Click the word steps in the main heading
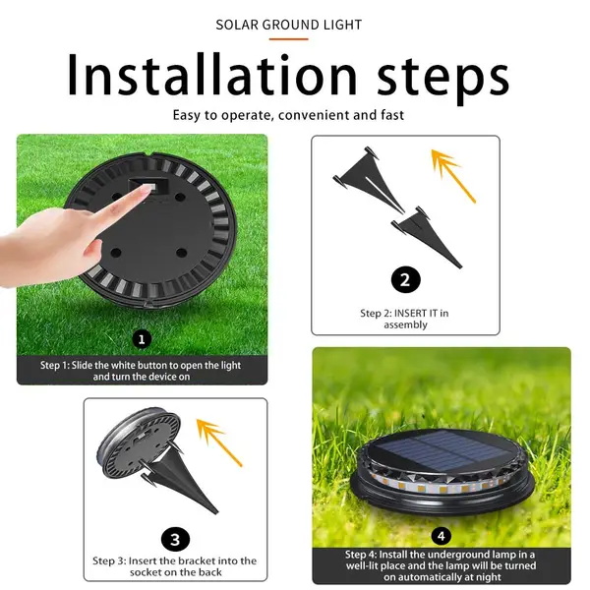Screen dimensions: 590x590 (x=439, y=77)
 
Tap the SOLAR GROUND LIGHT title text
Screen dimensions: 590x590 (x=288, y=25)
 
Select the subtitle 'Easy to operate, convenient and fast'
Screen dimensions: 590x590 (x=288, y=115)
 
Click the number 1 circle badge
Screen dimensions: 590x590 (x=142, y=339)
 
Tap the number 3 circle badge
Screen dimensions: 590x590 (x=174, y=539)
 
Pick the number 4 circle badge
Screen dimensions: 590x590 (x=441, y=536)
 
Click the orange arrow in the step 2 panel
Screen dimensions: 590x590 (x=453, y=174)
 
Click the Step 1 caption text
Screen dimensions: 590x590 (x=142, y=371)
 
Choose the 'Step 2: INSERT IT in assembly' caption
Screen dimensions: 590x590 (x=405, y=319)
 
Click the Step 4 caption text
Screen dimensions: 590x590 (x=442, y=565)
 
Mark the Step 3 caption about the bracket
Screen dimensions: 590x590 (x=175, y=567)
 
